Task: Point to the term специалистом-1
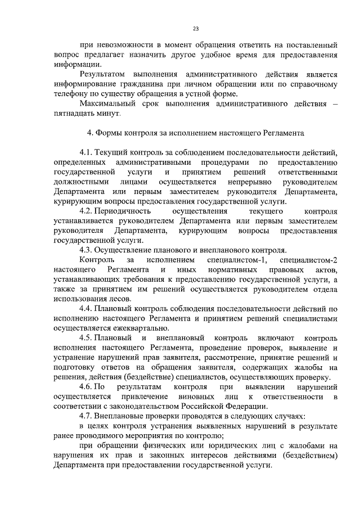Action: pos(234,260)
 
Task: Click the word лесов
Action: pos(119,299)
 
